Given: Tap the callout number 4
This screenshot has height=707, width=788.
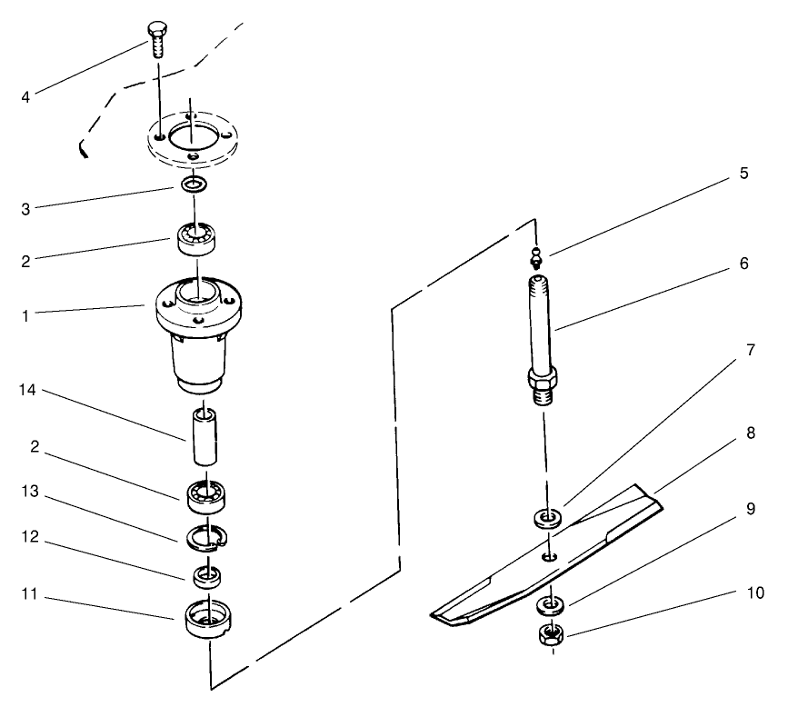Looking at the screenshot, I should pyautogui.click(x=25, y=96).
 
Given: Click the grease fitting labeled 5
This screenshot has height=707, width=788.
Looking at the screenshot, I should pyautogui.click(x=536, y=258).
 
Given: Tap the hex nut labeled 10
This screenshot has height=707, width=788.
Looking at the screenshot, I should pyautogui.click(x=550, y=635).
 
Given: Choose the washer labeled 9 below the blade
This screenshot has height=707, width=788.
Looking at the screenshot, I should pyautogui.click(x=549, y=603).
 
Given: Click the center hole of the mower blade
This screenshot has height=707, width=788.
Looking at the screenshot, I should pyautogui.click(x=548, y=556).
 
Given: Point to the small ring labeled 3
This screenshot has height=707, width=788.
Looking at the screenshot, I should pyautogui.click(x=192, y=185).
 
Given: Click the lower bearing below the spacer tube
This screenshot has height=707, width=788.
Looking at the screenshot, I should pyautogui.click(x=207, y=495).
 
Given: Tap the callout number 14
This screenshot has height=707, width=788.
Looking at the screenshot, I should pyautogui.click(x=25, y=390).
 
